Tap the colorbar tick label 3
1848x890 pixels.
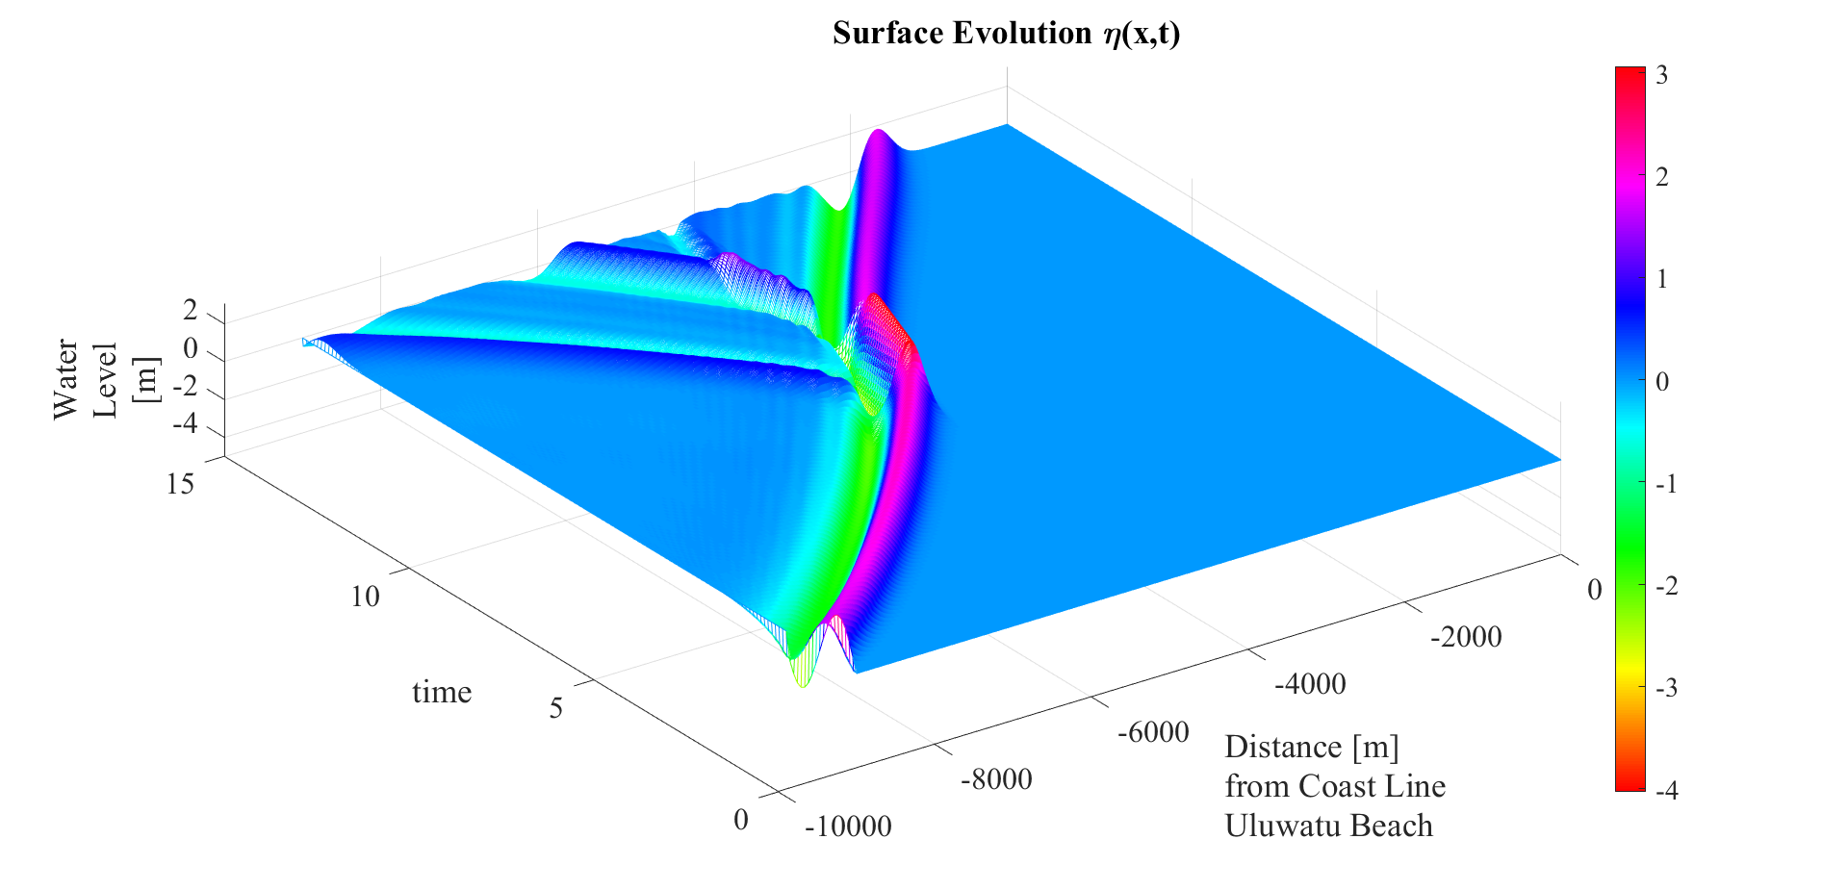click(x=1662, y=75)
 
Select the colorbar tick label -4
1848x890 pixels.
click(x=1666, y=791)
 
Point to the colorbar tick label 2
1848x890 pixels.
click(x=1662, y=177)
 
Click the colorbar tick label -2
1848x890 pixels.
click(x=1666, y=586)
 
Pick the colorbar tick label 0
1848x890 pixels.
click(x=1662, y=381)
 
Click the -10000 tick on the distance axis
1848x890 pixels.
click(x=848, y=826)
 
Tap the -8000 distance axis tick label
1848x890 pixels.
click(x=996, y=778)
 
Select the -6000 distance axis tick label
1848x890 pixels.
click(x=1153, y=732)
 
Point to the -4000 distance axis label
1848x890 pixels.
click(x=1310, y=684)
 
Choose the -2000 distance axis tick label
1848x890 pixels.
click(x=1466, y=636)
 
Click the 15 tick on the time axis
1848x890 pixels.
click(x=180, y=483)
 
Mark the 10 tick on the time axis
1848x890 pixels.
click(x=365, y=597)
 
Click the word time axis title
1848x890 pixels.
click(x=442, y=693)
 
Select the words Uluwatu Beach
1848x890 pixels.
click(x=1328, y=826)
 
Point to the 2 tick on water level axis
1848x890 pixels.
click(x=191, y=311)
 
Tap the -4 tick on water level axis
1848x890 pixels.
click(x=184, y=423)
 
